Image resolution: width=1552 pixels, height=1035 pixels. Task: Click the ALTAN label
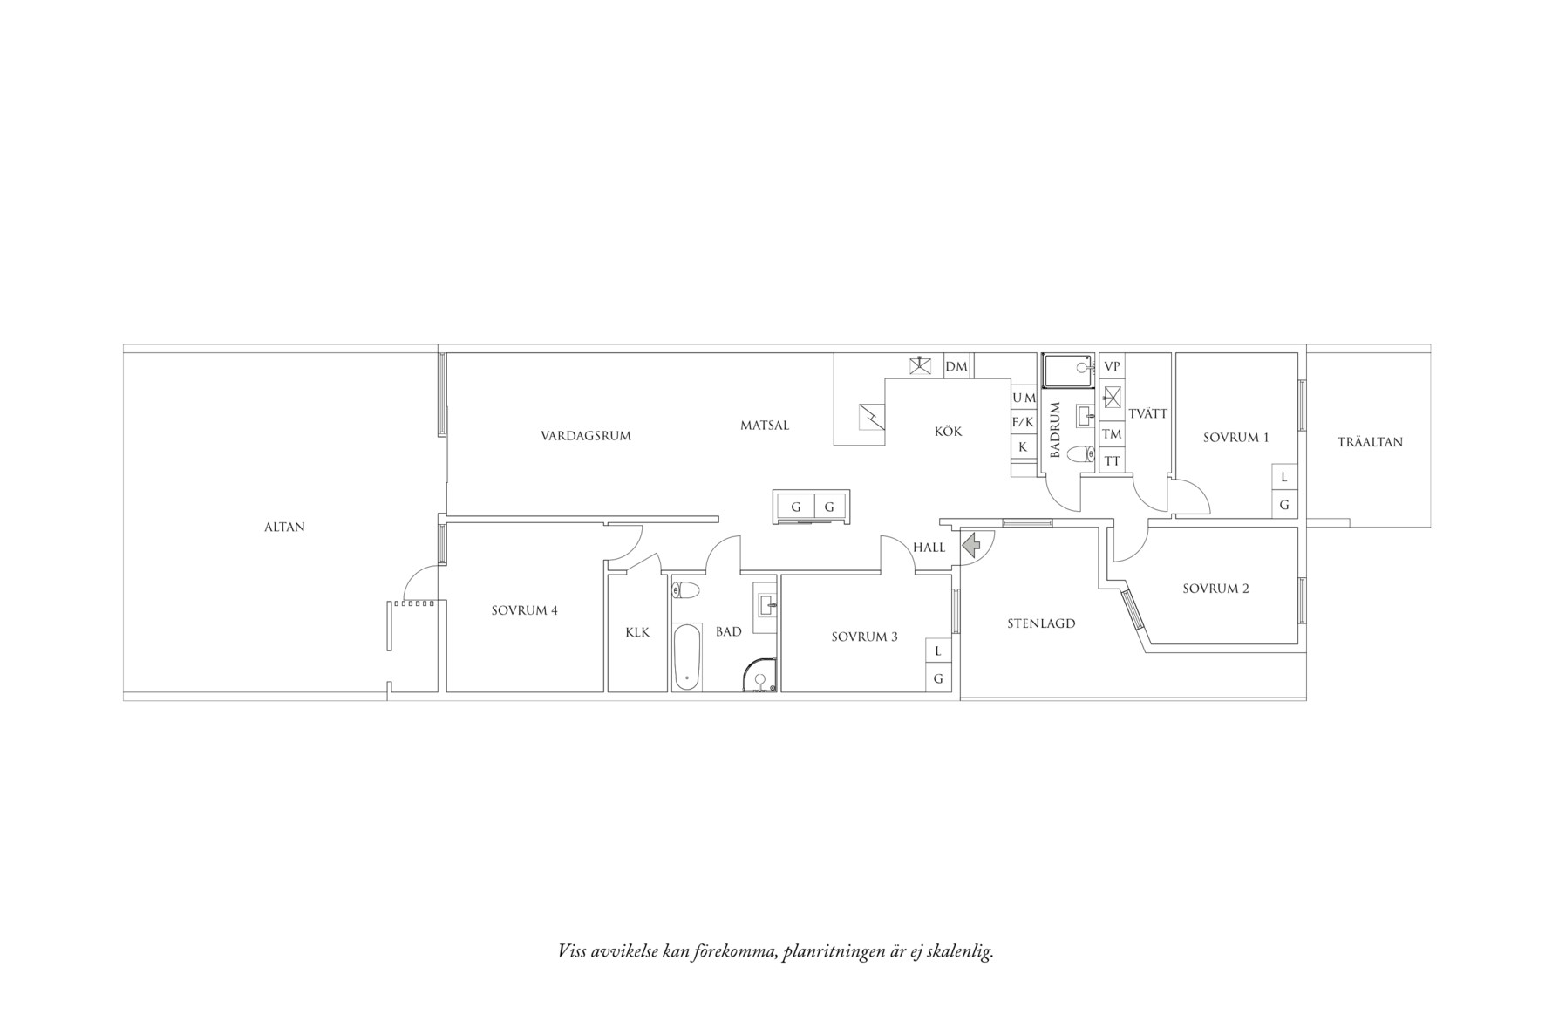[284, 527]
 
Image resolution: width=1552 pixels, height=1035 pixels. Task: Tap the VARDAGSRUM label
[585, 436]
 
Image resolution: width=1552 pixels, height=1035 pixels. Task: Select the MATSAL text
[765, 426]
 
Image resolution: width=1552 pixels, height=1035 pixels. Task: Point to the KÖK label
[948, 431]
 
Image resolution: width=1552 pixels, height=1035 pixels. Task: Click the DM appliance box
[956, 366]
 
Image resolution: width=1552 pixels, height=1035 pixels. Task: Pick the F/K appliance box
[1023, 422]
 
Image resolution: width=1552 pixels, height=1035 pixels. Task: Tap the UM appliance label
[1024, 398]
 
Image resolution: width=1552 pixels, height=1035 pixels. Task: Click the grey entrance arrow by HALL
[971, 546]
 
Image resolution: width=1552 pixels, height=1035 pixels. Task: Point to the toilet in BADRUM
[1080, 454]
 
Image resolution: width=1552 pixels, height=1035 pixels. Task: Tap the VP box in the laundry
[1112, 367]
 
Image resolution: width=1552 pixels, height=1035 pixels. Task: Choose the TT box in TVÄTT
[1112, 460]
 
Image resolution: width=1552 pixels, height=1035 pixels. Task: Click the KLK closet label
[637, 632]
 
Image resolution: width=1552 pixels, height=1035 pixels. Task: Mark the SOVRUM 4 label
[524, 610]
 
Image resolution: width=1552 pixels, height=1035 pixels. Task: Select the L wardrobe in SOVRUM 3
[938, 650]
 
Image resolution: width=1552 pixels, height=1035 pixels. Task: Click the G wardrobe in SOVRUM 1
[1283, 505]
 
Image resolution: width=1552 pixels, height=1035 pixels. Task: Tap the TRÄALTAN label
[1370, 442]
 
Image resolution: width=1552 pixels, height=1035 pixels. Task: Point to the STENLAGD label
[1041, 623]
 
